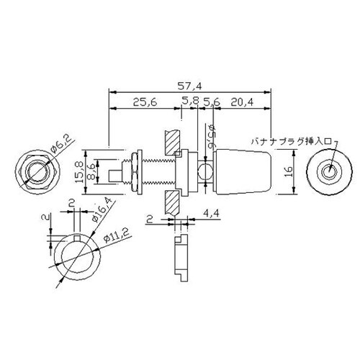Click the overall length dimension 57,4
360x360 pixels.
point(192,85)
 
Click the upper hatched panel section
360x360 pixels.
point(171,143)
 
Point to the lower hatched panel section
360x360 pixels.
point(171,204)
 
